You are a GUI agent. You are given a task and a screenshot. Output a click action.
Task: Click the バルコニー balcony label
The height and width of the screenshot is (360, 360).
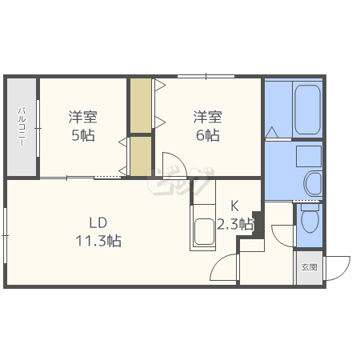coord(22,126)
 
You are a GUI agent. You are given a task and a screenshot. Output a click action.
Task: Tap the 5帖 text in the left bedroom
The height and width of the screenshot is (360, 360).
coord(83,135)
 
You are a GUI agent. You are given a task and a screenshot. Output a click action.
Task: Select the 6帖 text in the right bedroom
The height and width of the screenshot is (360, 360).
coord(208,135)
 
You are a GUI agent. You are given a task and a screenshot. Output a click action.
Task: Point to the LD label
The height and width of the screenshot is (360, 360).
coord(98,222)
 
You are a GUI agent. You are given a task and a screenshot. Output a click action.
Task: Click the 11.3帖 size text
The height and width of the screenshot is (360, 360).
coord(98,241)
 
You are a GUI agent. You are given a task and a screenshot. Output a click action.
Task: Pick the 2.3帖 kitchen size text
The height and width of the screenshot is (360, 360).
coord(234,224)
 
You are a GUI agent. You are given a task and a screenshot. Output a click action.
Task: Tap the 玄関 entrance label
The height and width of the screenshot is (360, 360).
coord(310,267)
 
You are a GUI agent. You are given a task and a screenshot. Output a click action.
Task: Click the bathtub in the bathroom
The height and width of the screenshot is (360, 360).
coord(307,110)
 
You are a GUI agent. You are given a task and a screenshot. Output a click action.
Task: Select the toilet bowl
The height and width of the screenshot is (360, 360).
coord(310,218)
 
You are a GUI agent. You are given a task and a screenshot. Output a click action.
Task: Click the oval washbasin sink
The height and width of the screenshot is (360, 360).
coord(313,183)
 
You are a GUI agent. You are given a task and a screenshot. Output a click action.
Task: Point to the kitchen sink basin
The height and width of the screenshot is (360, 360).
coord(204,231)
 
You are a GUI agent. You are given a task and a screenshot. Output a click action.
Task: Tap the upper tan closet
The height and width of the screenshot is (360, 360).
coord(141,105)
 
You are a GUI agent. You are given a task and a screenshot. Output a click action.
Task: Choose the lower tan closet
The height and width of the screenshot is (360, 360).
coord(141,156)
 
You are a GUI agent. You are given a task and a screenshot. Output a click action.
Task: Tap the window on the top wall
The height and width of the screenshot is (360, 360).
coord(206,77)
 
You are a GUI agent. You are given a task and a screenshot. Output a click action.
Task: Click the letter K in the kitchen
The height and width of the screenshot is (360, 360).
coord(234,206)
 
